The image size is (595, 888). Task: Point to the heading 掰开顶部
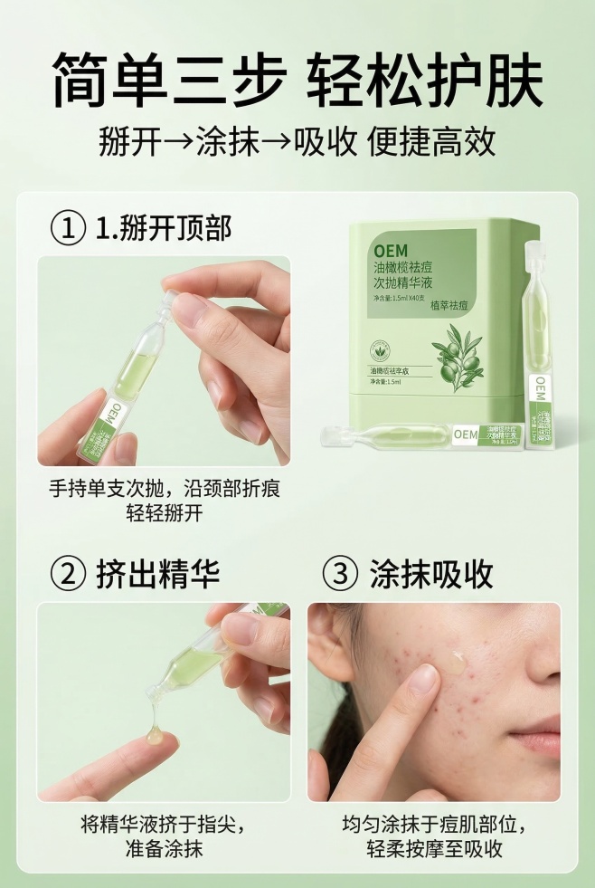pyautogui.click(x=180, y=228)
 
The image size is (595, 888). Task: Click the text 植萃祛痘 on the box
pyautogui.click(x=449, y=305)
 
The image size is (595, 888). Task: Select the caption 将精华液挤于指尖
pyautogui.click(x=164, y=826)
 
